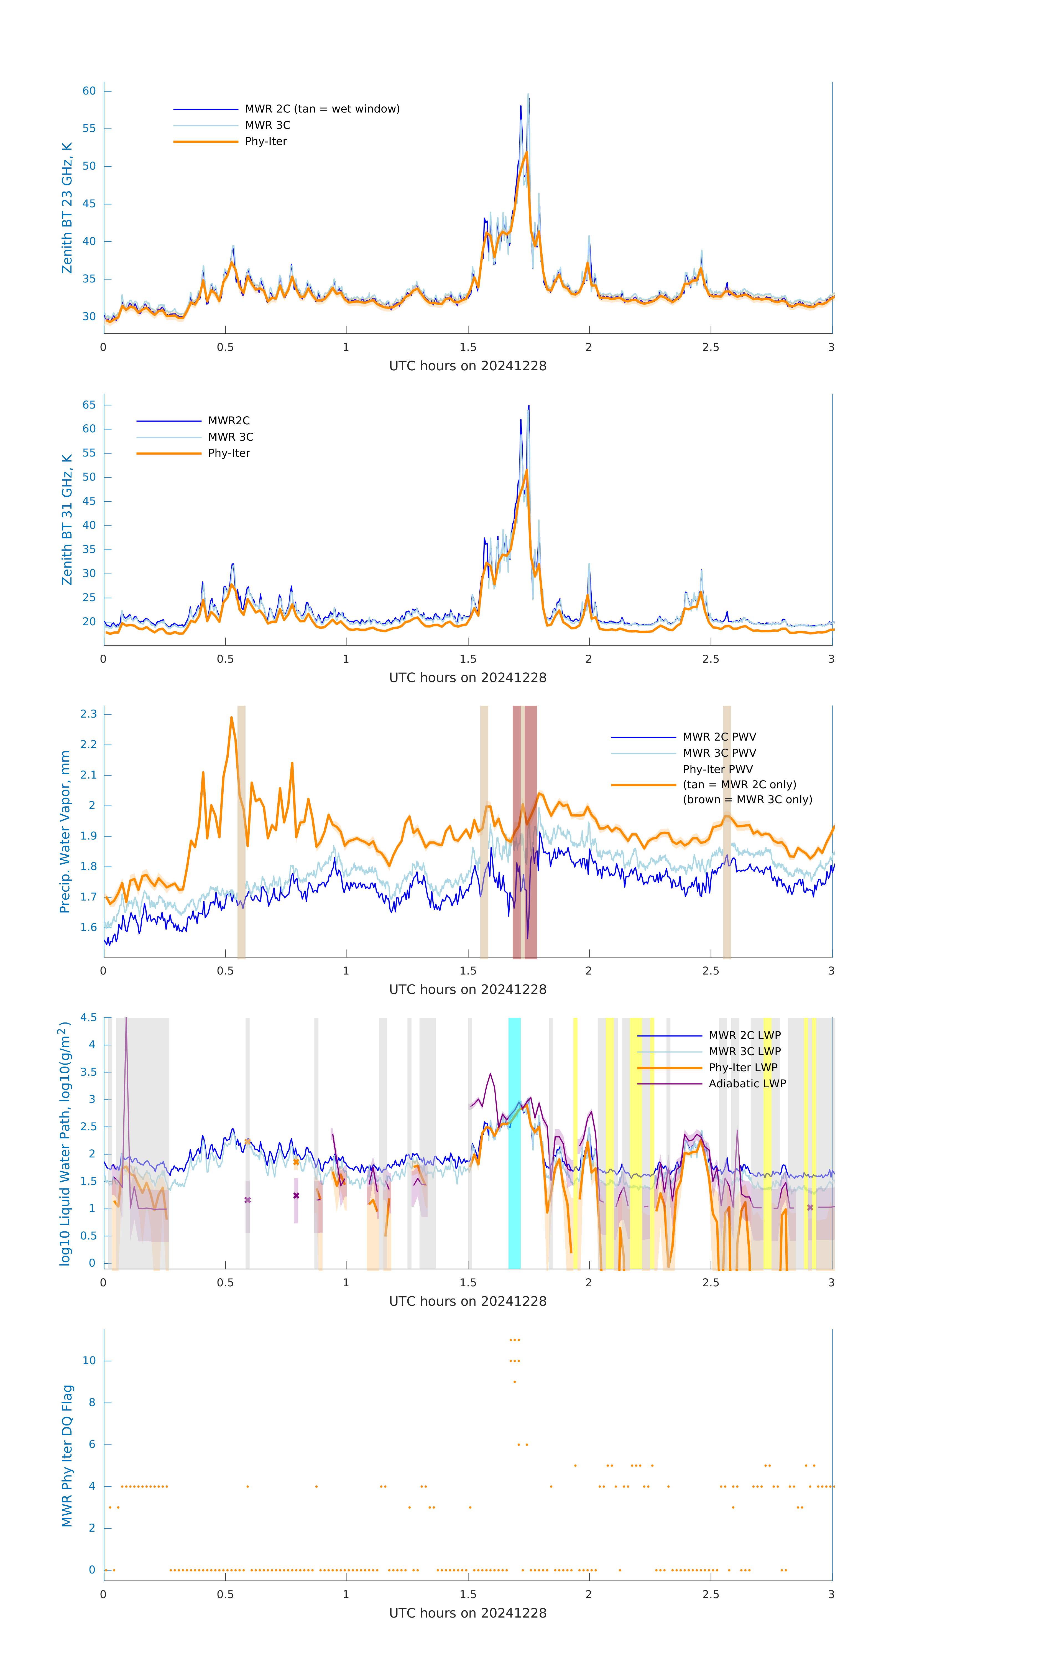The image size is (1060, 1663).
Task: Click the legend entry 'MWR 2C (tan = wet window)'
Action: point(322,109)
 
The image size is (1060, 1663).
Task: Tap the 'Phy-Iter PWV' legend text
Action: point(717,769)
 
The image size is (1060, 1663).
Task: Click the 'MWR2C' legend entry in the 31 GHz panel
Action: point(229,420)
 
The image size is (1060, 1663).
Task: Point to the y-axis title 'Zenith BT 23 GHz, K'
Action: point(67,208)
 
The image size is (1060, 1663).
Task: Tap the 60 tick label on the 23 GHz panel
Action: point(89,91)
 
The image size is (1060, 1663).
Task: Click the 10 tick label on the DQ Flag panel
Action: point(89,1361)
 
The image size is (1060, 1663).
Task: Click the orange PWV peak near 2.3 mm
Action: point(231,718)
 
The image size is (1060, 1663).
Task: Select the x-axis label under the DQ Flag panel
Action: point(468,1613)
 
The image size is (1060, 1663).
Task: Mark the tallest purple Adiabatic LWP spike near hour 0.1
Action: point(126,1029)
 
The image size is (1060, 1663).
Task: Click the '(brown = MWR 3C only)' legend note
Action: point(747,800)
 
